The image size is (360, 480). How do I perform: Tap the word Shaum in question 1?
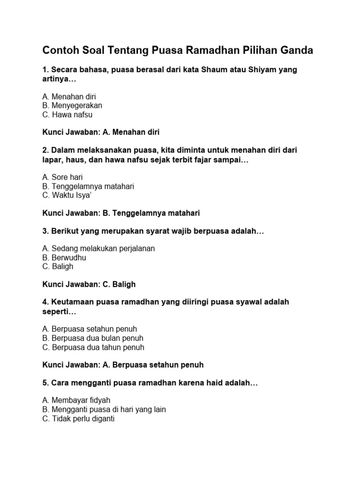pyautogui.click(x=214, y=70)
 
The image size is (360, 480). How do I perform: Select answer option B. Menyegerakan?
pyautogui.click(x=72, y=105)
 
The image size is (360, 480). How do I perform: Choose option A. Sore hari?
pyautogui.click(x=62, y=177)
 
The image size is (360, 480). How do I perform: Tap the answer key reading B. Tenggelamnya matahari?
pyautogui.click(x=121, y=213)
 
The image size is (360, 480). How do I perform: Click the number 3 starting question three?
pyautogui.click(x=45, y=231)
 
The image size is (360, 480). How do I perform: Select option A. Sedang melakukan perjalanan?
pyautogui.click(x=98, y=249)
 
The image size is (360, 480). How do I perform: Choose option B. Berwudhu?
pyautogui.click(x=64, y=258)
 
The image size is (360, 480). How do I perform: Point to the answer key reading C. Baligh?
pyautogui.click(x=89, y=285)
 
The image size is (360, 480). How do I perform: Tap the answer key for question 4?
pyautogui.click(x=123, y=365)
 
